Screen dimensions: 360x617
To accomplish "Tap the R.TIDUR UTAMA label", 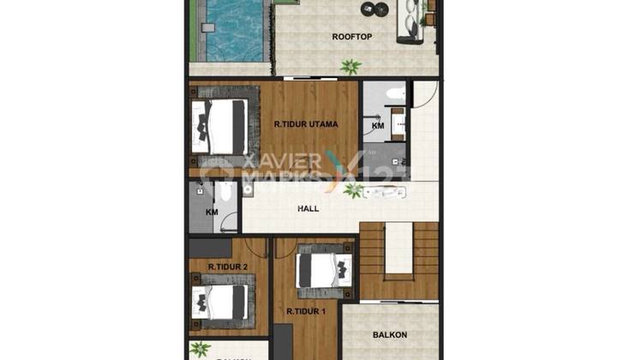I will pyautogui.click(x=306, y=124).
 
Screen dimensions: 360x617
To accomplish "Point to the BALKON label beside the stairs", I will pyautogui.click(x=390, y=335).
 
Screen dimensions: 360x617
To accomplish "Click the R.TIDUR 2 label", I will pyautogui.click(x=227, y=267).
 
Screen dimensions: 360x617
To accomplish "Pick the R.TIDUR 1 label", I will pyautogui.click(x=306, y=311).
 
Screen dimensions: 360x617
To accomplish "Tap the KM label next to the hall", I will pyautogui.click(x=212, y=212).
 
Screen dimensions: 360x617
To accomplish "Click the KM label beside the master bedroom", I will pyautogui.click(x=378, y=126).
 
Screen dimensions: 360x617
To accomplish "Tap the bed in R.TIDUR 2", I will pyautogui.click(x=220, y=302).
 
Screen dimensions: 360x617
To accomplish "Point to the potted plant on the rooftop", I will pyautogui.click(x=350, y=65).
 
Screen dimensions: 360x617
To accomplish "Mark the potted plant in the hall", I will pyautogui.click(x=350, y=190).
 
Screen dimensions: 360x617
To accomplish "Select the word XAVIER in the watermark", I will pyautogui.click(x=273, y=160).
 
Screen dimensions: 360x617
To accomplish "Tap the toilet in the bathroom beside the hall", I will pyautogui.click(x=222, y=193).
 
